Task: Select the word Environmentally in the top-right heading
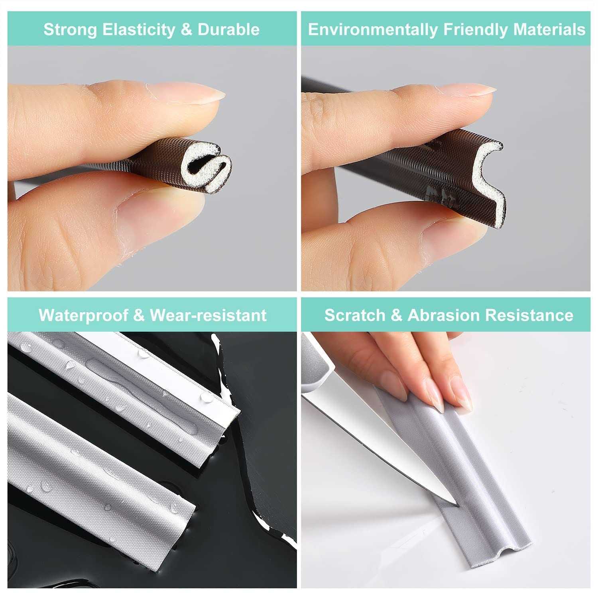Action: [x=372, y=30]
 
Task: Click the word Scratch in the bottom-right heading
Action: [x=354, y=315]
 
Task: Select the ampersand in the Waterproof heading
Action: [x=139, y=315]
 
